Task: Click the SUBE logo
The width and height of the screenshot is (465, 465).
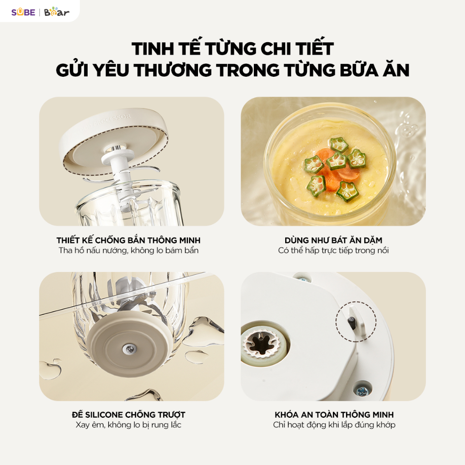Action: coord(23,12)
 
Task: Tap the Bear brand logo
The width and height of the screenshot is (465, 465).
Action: coord(57,11)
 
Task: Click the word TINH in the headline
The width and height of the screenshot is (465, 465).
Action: coord(153,49)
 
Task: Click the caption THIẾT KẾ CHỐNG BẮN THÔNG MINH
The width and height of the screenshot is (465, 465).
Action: coord(129,240)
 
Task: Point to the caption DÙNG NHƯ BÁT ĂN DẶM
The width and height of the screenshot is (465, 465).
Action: coord(333,240)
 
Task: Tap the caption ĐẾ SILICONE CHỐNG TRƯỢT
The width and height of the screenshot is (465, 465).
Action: coord(129,414)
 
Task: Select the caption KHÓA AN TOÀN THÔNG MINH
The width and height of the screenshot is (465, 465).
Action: coord(334,414)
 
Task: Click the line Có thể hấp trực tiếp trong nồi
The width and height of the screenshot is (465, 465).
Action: coord(333,251)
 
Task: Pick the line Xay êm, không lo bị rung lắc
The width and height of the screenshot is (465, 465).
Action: coord(129,425)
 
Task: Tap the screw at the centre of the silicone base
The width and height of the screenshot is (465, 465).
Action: coord(129,349)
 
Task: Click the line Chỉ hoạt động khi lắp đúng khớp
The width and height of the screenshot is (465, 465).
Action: coord(334,425)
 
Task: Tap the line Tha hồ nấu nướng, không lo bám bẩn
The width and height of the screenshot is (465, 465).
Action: coord(129,251)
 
